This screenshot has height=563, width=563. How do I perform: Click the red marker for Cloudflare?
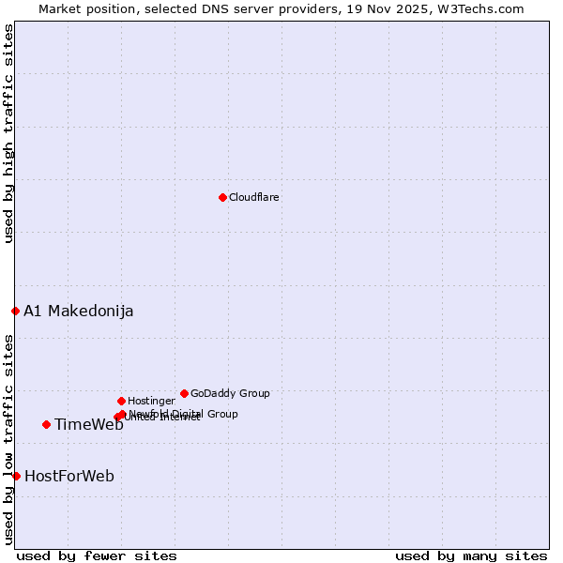(x=222, y=197)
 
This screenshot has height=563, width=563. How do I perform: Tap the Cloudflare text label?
(x=253, y=198)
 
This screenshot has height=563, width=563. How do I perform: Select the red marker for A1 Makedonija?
(x=15, y=311)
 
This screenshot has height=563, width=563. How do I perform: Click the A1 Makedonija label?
(x=78, y=312)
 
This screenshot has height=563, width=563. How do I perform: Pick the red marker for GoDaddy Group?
(x=184, y=393)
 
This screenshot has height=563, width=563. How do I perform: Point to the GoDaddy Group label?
(x=230, y=394)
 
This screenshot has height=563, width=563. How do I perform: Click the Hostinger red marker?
(x=121, y=401)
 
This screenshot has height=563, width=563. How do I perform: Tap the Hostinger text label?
(x=151, y=402)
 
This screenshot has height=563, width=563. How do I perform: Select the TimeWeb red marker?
(x=46, y=424)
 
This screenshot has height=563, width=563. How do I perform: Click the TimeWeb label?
(x=88, y=425)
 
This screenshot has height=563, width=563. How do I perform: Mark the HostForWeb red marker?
(x=16, y=476)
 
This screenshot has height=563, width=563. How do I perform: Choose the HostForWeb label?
(x=68, y=477)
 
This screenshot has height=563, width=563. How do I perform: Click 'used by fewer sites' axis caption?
(x=97, y=555)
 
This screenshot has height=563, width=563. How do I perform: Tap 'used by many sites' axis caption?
(x=471, y=555)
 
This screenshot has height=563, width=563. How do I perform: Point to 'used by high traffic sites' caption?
(x=8, y=133)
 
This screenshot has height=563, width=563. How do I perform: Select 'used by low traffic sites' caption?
(x=8, y=439)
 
